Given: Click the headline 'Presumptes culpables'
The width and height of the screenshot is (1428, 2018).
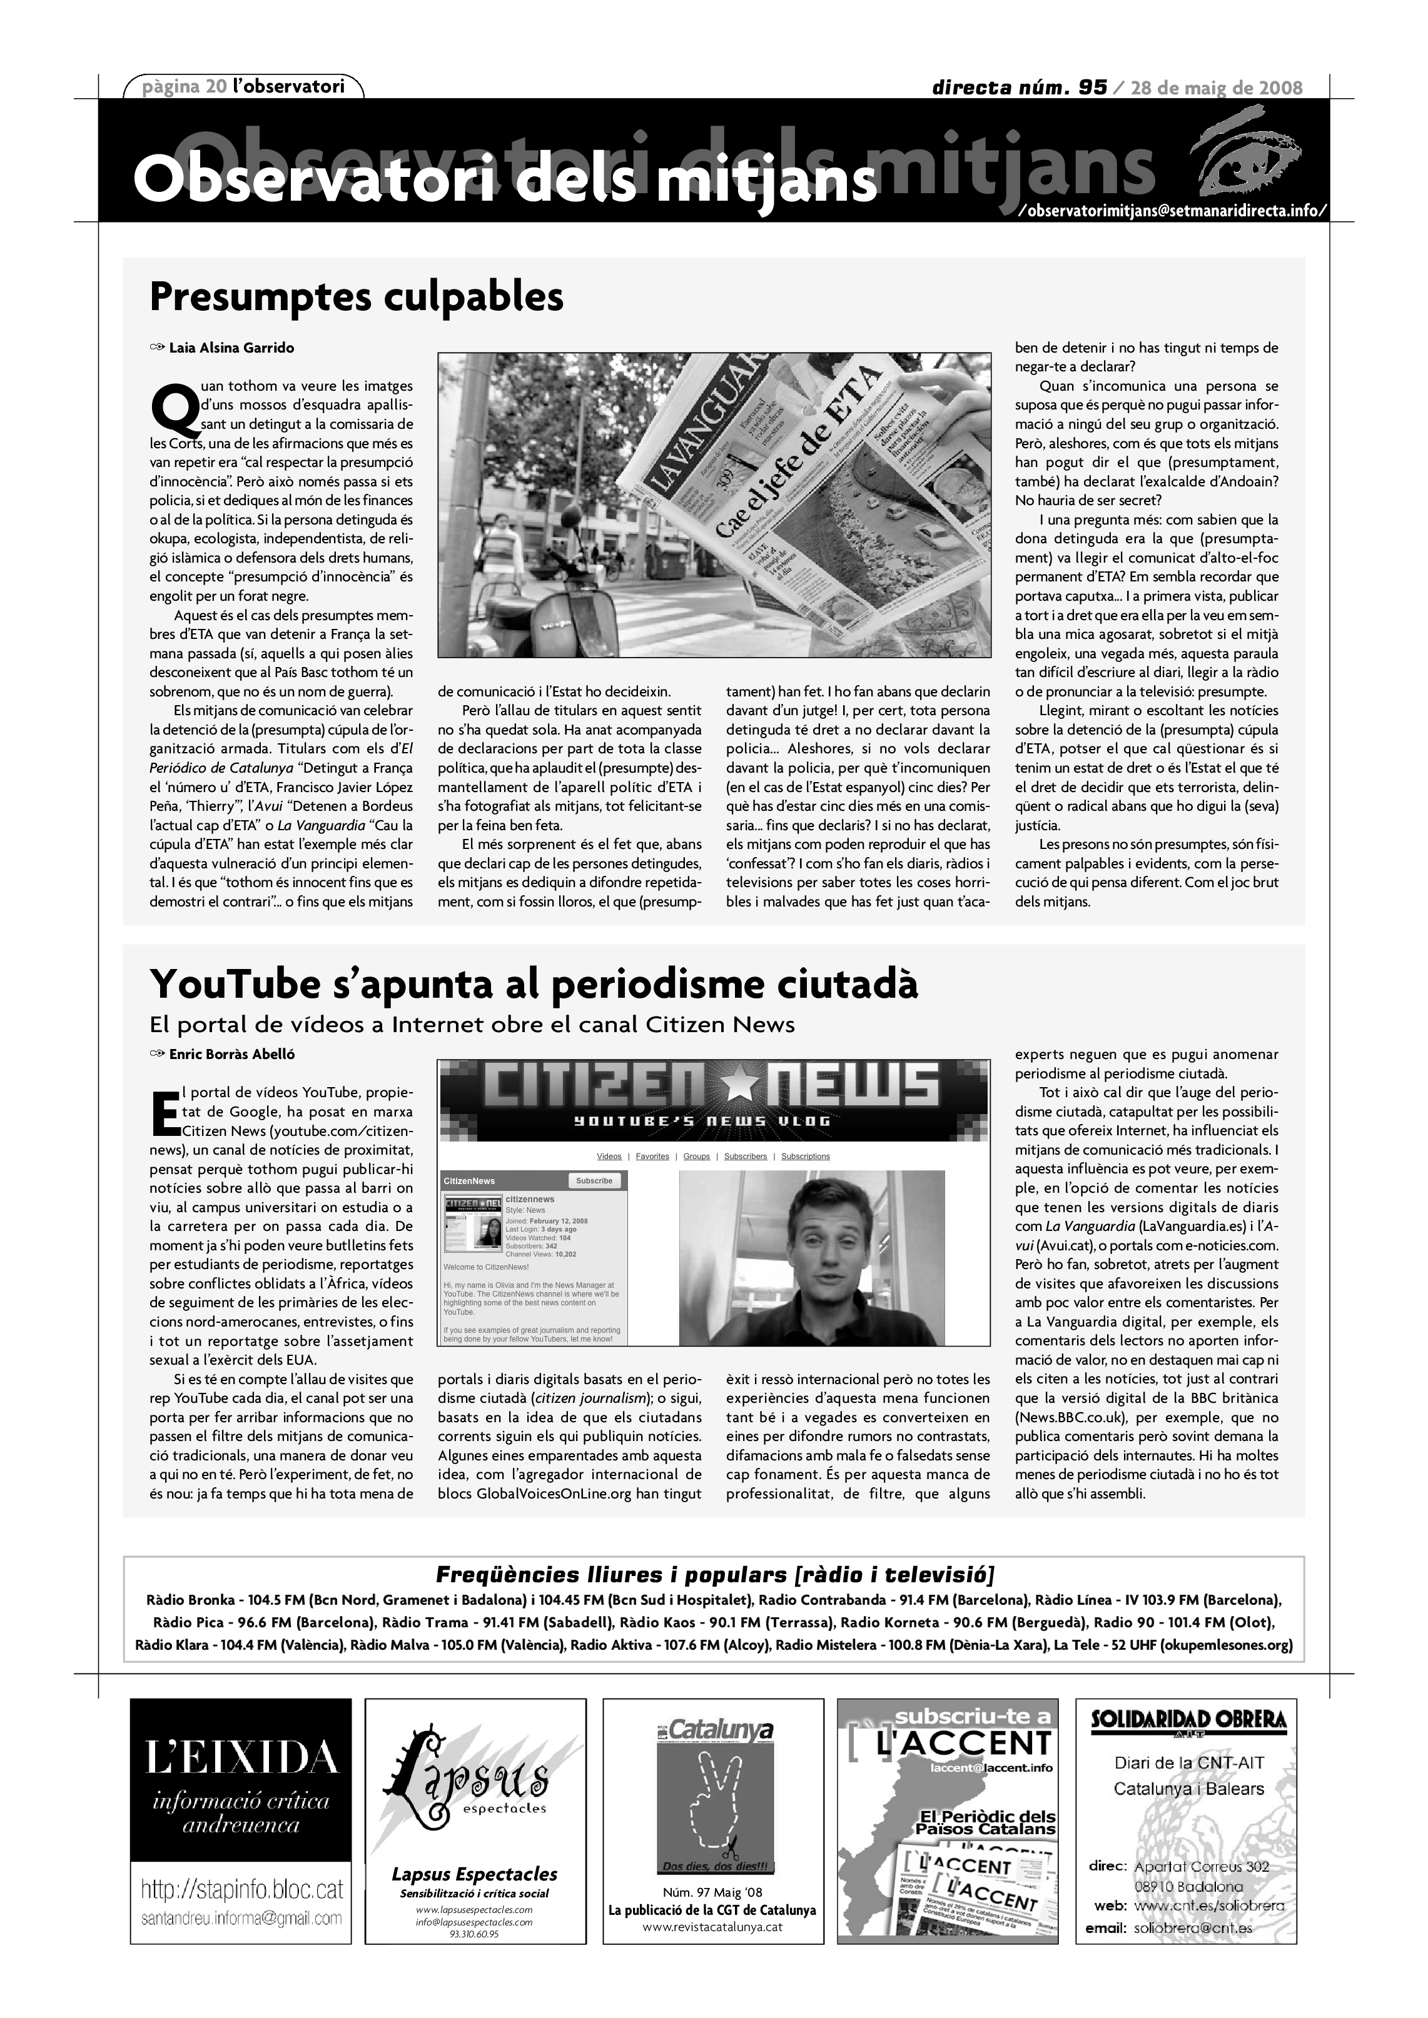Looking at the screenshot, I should [356, 297].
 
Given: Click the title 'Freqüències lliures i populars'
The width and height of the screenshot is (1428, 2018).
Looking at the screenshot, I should [714, 1574].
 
